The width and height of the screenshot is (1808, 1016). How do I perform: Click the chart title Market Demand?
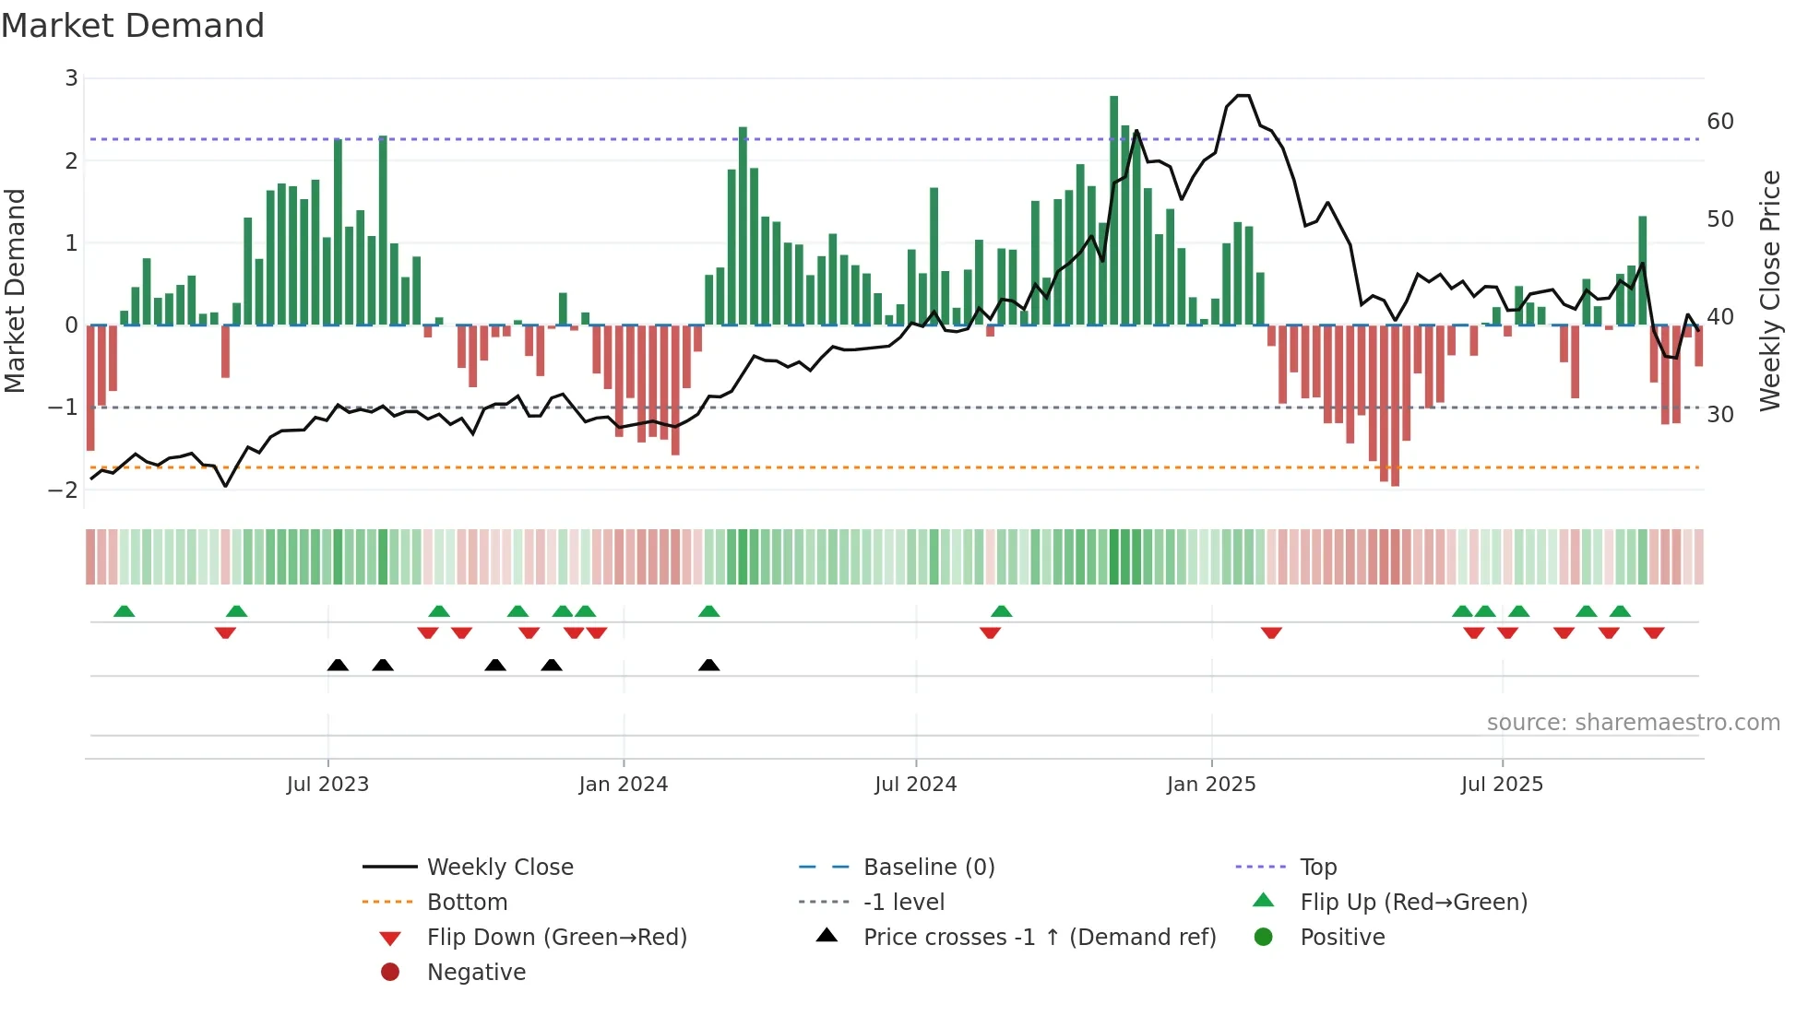click(x=133, y=26)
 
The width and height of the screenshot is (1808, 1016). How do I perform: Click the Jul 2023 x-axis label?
click(x=327, y=785)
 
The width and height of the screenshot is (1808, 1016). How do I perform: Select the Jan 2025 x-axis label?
click(x=1210, y=785)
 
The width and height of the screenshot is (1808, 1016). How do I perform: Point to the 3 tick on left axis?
click(x=71, y=78)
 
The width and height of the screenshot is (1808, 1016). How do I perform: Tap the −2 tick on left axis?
click(x=64, y=490)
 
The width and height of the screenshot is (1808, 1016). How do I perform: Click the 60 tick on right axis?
click(x=1719, y=122)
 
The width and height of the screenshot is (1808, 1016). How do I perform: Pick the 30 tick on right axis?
click(x=1719, y=415)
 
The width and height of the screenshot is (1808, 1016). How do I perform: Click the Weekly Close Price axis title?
click(x=1769, y=290)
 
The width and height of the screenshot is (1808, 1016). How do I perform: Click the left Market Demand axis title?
click(x=16, y=290)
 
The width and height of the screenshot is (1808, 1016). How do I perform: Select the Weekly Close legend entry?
click(x=499, y=868)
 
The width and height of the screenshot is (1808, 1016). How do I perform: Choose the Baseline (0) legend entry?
click(x=928, y=868)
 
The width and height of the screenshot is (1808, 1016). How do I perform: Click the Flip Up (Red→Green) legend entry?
click(x=1412, y=903)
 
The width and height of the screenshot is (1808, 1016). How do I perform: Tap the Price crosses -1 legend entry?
click(x=1039, y=938)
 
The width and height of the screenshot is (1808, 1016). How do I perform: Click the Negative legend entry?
click(x=476, y=973)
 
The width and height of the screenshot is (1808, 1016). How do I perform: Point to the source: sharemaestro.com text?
click(x=1633, y=723)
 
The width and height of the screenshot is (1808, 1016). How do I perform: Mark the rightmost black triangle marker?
click(x=708, y=666)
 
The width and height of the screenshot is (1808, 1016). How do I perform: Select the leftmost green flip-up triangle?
click(x=124, y=611)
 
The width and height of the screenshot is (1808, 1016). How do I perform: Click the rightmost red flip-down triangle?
click(x=1653, y=632)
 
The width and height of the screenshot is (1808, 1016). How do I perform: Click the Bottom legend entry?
click(x=467, y=903)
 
